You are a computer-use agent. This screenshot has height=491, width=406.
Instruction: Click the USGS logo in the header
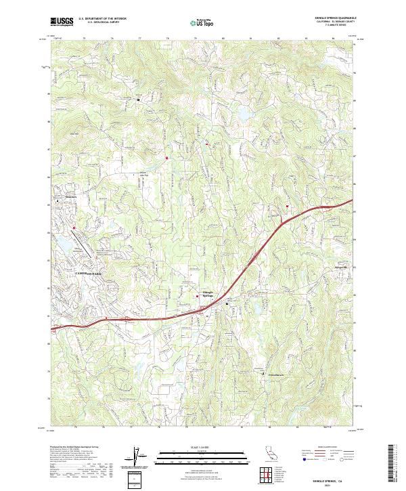[x=62, y=22]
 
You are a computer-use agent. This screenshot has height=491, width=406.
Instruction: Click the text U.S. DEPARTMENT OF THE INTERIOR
[x=102, y=19]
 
